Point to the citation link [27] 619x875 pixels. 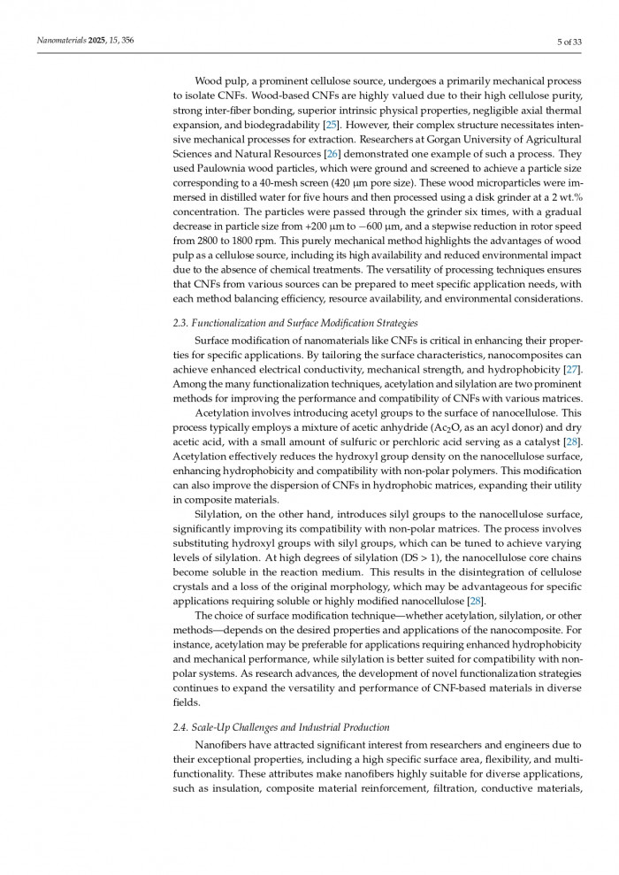(573, 368)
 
